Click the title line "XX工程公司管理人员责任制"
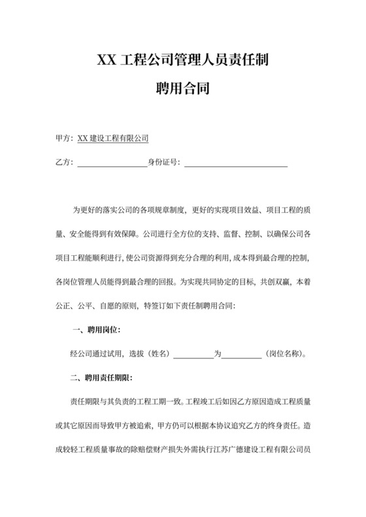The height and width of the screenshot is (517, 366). [x=182, y=61]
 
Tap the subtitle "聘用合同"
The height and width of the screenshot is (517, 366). [x=182, y=87]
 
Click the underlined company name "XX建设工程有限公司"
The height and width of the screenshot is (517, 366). [x=113, y=138]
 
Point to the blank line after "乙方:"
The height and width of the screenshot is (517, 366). [x=112, y=163]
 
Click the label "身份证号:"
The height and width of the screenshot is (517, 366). [x=164, y=163]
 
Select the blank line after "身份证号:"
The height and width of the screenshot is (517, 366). [x=236, y=163]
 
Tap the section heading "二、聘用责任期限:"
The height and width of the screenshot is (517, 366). [x=102, y=378]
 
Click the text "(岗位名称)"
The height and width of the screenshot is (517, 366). [x=285, y=354]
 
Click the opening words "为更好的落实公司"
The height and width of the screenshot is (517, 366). [x=102, y=210]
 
